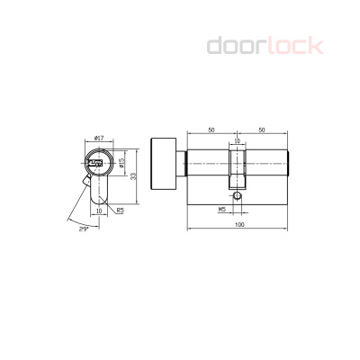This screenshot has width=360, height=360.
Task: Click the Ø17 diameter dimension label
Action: tap(99, 139)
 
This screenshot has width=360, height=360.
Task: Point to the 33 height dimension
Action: tap(134, 176)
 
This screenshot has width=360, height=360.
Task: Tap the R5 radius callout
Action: tap(120, 211)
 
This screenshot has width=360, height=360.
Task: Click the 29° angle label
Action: tap(84, 229)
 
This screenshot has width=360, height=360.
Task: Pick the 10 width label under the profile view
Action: tap(99, 211)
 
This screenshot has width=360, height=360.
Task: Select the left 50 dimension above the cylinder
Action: tap(211, 130)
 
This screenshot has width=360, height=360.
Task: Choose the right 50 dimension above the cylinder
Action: tap(262, 130)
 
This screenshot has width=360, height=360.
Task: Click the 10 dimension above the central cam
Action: tap(237, 140)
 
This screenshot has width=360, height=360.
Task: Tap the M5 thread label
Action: tap(222, 210)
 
